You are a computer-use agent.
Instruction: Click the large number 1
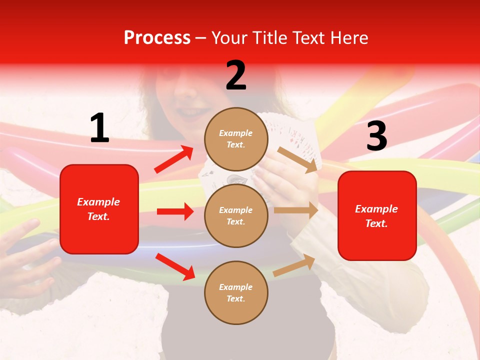(x=99, y=128)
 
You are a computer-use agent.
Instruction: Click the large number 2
(x=236, y=75)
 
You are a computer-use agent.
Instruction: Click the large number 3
(x=376, y=136)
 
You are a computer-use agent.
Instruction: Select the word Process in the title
(x=157, y=37)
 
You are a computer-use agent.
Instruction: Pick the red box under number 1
(x=99, y=209)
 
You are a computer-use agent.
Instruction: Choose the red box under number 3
(x=377, y=216)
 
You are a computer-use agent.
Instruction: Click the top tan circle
(x=236, y=139)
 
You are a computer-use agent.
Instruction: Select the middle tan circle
(x=236, y=216)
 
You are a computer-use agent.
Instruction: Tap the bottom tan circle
(x=236, y=293)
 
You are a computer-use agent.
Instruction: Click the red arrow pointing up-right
(x=174, y=159)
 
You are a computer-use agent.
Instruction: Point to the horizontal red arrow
(x=175, y=211)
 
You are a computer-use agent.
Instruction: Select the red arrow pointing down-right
(x=175, y=266)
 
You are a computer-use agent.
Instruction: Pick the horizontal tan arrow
(x=296, y=210)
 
